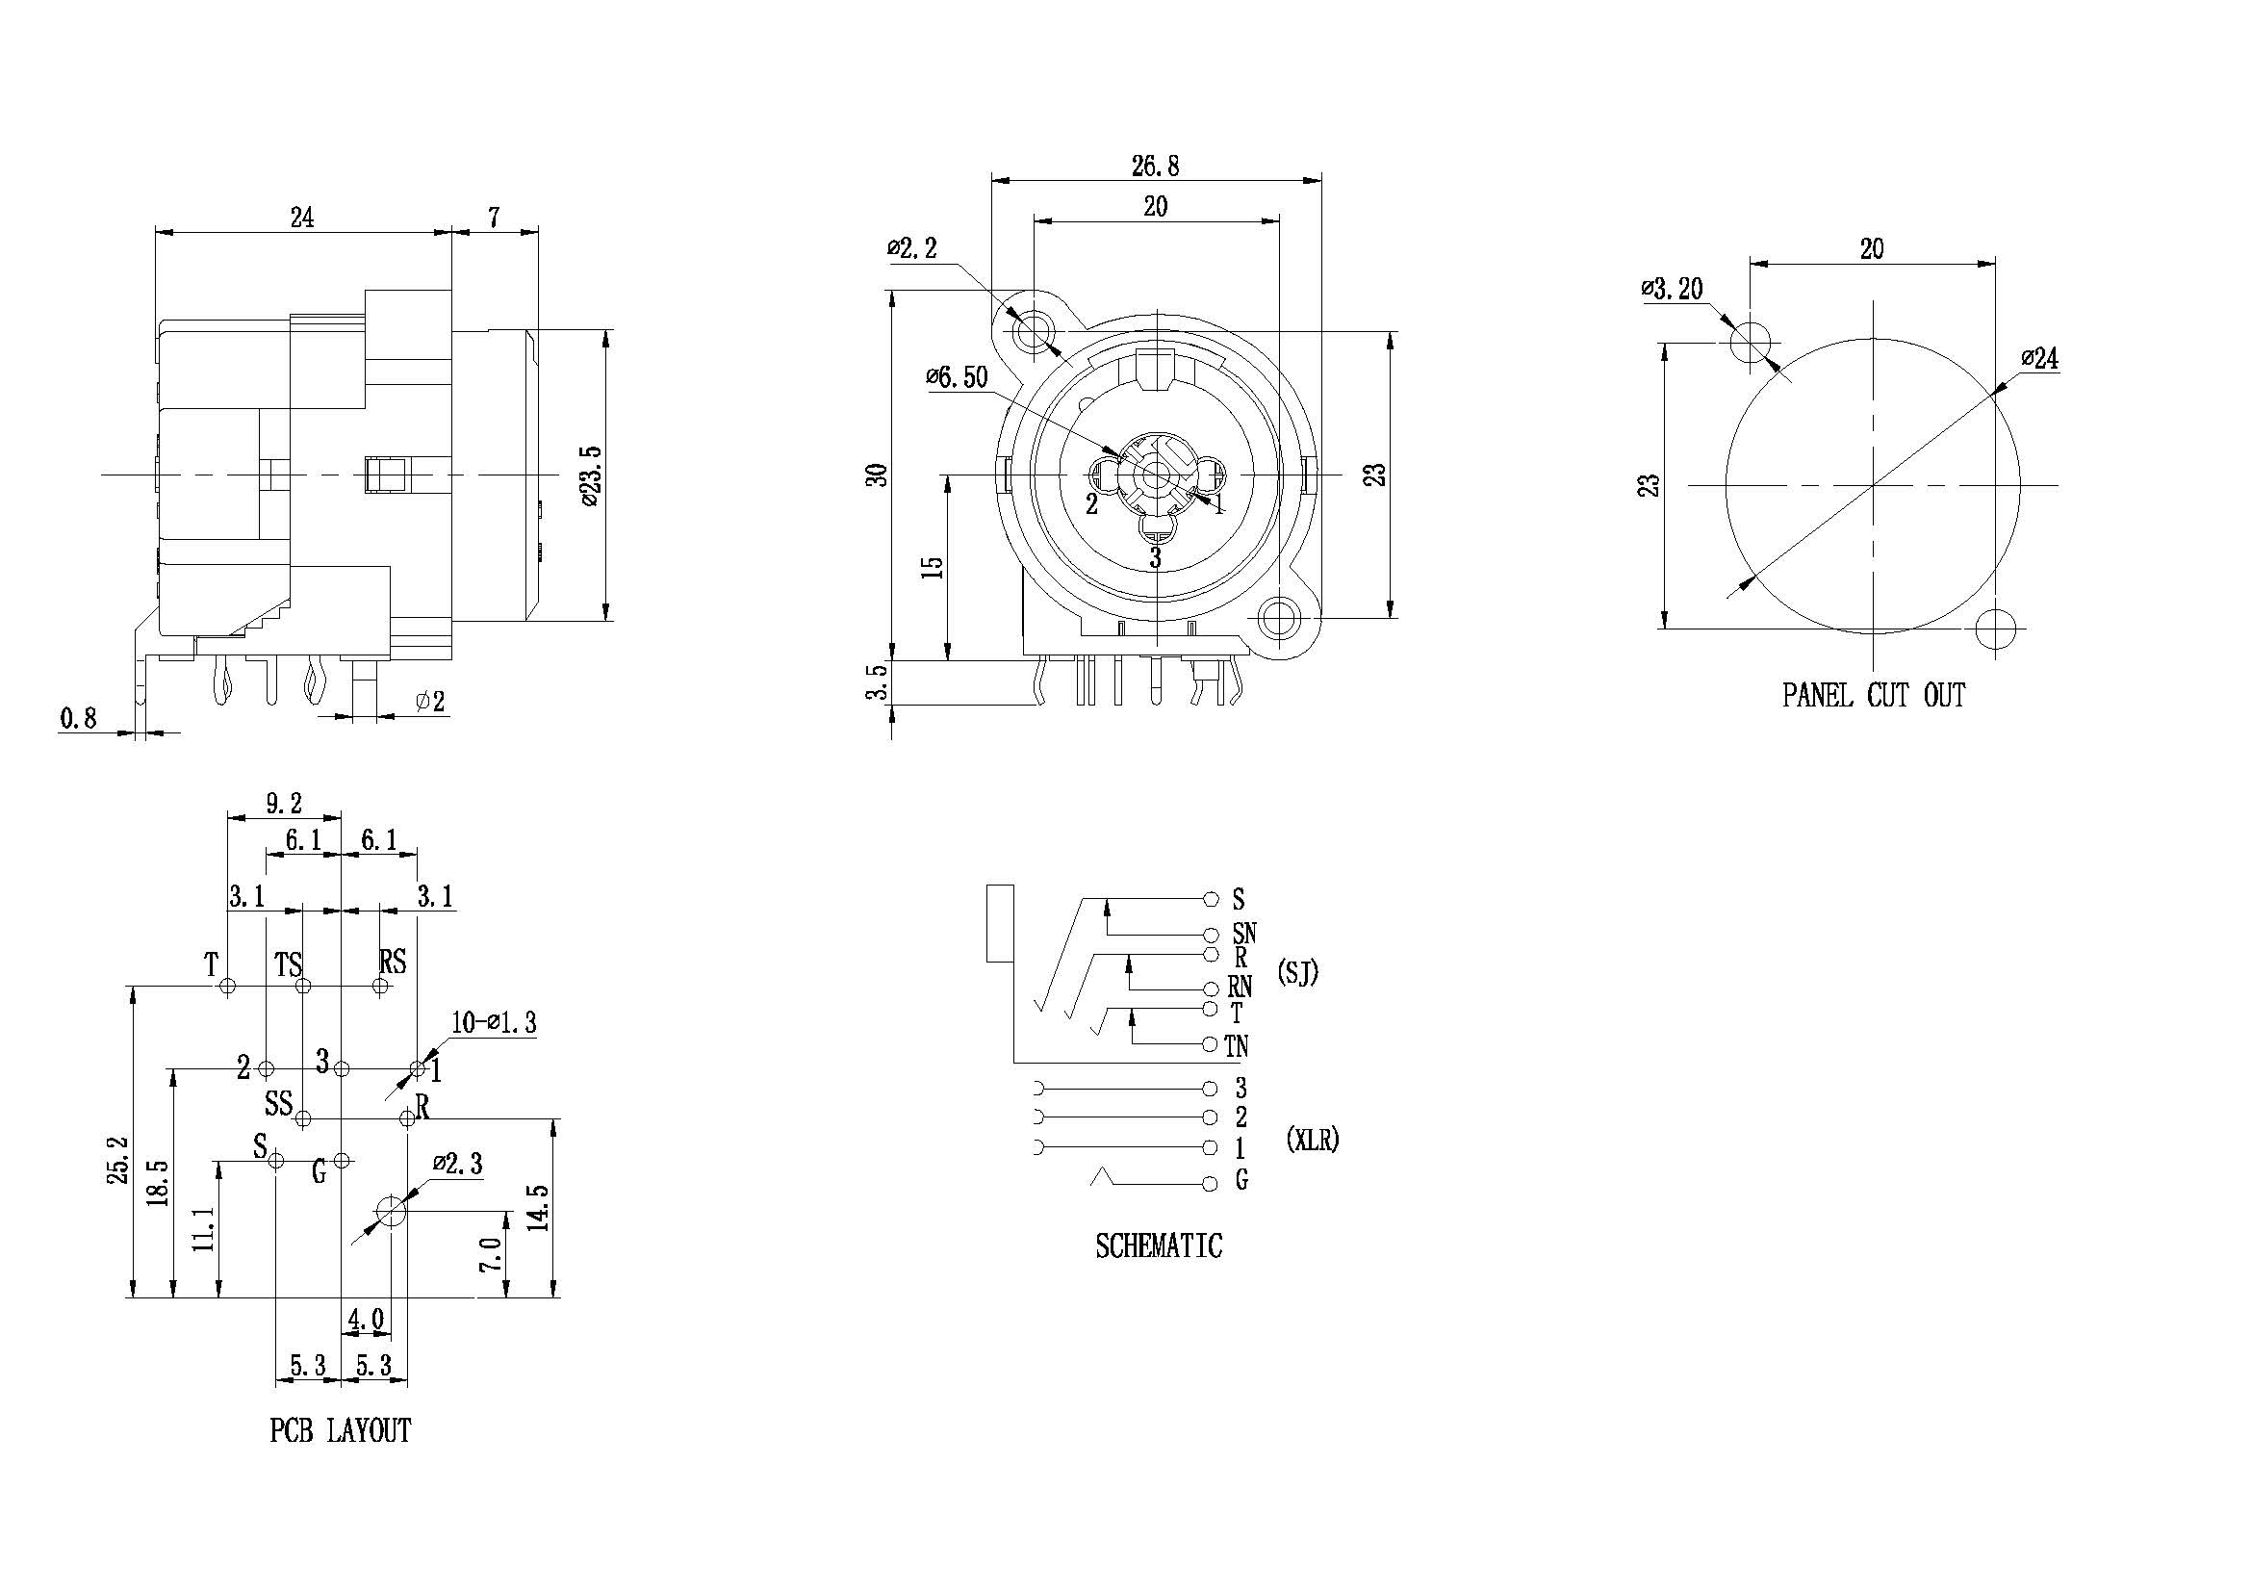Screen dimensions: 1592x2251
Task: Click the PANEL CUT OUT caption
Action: tap(1874, 695)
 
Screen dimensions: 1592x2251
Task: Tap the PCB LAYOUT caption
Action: tap(339, 1430)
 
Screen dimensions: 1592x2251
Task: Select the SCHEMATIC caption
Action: tap(1159, 1245)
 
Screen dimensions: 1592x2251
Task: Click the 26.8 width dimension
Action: tap(1156, 166)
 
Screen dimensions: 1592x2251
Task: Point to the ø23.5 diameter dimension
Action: tap(590, 475)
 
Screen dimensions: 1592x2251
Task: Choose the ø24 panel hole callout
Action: tap(2039, 359)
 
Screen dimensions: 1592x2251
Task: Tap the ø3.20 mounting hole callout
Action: tap(1672, 288)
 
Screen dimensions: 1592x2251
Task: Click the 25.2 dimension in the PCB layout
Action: tap(117, 1160)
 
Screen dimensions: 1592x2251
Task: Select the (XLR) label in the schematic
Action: tap(1312, 1139)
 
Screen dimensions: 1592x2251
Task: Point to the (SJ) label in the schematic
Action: tap(1298, 972)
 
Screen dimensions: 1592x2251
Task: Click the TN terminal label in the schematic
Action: tap(1238, 1046)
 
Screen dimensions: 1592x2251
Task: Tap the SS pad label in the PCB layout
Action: tap(278, 1104)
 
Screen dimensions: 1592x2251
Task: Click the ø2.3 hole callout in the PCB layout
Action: tap(458, 1164)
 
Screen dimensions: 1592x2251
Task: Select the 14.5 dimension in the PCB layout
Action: tap(538, 1207)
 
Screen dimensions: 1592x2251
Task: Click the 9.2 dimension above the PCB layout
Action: tap(283, 804)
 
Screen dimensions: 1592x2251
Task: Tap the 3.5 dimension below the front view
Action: tap(878, 682)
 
